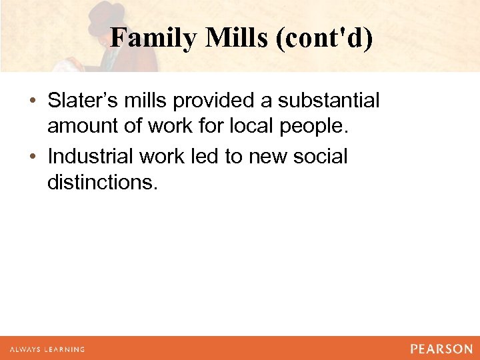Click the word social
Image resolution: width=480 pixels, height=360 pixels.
323,157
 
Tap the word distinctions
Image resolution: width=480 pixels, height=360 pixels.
103,181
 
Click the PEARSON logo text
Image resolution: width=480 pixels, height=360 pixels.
441,349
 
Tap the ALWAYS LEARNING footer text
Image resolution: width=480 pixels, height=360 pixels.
47,349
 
